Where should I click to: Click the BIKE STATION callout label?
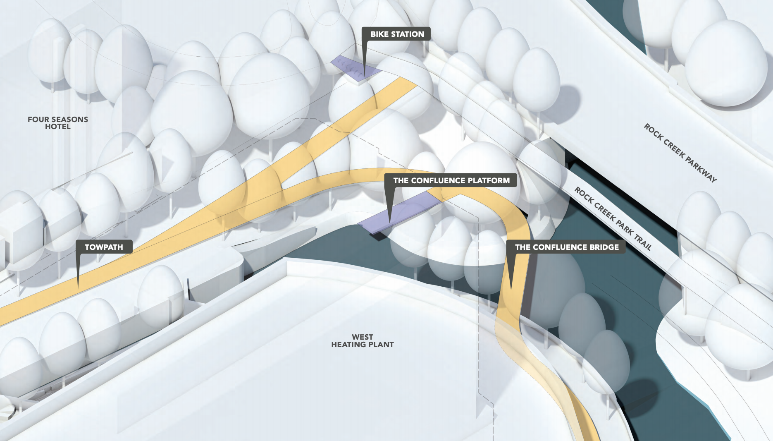pos(396,34)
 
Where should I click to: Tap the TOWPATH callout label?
pos(104,247)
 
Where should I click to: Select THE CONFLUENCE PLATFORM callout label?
pos(451,180)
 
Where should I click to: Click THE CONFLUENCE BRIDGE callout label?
pos(566,247)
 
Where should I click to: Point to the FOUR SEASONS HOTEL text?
pos(58,123)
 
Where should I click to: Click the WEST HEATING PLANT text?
pos(363,341)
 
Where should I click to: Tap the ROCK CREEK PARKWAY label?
pos(680,153)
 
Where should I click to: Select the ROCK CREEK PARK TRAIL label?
pos(613,218)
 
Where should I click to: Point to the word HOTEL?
pos(58,127)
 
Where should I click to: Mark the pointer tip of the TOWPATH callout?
pos(78,288)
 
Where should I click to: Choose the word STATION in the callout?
pos(407,34)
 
